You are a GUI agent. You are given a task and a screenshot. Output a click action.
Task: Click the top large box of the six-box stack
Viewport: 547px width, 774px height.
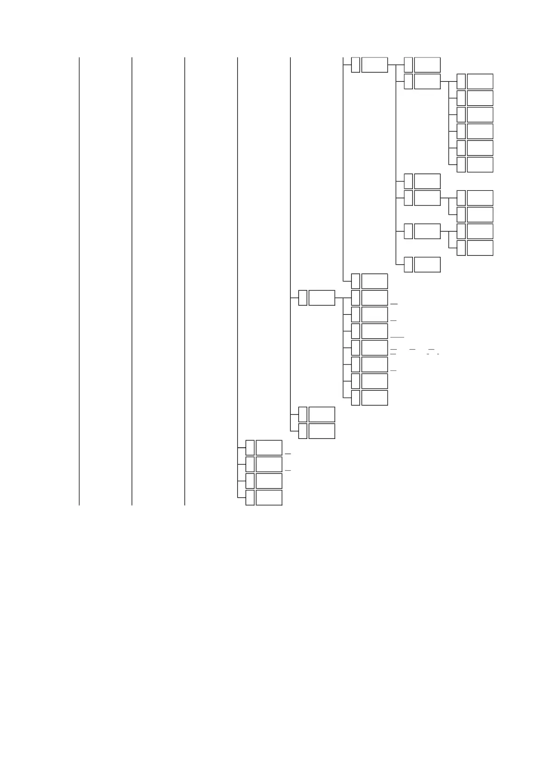tap(480, 81)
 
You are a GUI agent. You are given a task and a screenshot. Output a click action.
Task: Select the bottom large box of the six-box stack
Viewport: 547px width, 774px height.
tap(480, 165)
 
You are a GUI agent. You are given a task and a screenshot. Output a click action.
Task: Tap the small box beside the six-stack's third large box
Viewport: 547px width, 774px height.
tap(461, 114)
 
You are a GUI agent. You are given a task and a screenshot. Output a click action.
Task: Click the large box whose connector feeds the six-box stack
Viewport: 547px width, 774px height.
tap(427, 81)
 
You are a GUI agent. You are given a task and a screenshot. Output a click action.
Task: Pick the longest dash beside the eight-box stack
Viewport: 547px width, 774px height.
tap(397, 337)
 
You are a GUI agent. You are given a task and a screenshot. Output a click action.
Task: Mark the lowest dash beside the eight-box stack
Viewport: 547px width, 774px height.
tap(393, 370)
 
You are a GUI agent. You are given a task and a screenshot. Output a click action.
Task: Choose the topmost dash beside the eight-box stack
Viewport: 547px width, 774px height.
tap(393, 304)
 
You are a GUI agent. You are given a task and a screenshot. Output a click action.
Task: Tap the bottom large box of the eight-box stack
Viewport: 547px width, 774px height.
tap(374, 398)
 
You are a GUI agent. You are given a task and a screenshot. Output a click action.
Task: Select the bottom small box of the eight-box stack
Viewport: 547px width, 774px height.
tap(355, 398)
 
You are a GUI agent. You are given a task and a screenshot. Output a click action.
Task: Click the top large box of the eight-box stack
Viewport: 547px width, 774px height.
tap(374, 281)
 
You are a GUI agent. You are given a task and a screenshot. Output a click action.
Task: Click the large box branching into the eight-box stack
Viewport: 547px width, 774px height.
tap(321, 298)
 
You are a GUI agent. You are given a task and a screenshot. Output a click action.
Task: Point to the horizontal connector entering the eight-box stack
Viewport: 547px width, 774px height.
tap(339, 298)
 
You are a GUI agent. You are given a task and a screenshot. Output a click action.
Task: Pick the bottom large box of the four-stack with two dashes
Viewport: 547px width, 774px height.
tap(269, 498)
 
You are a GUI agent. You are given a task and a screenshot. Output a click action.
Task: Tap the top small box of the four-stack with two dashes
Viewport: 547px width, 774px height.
tap(250, 448)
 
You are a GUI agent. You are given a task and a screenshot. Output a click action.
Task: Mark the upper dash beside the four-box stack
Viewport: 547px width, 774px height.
tap(288, 454)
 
